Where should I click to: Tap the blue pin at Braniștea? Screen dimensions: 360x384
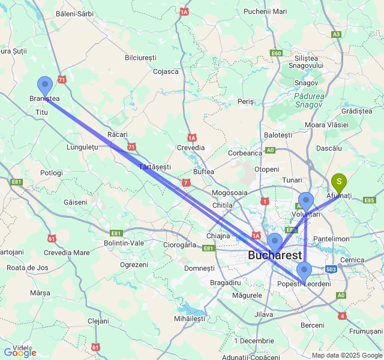click(45, 86)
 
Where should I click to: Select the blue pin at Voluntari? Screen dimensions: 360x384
click(306, 201)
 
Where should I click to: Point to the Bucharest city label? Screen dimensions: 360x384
click(275, 256)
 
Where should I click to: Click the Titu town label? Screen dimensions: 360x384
click(41, 112)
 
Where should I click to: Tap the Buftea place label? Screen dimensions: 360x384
click(203, 172)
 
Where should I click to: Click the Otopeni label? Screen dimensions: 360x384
click(266, 169)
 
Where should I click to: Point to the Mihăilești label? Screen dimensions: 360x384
click(189, 318)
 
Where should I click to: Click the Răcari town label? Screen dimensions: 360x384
click(118, 134)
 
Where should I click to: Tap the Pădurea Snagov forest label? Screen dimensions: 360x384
click(309, 100)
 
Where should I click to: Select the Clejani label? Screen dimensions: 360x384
click(98, 321)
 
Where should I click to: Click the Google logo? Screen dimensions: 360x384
click(20, 353)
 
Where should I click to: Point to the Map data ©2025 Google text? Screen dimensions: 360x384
click(346, 355)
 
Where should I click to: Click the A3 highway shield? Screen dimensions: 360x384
click(336, 34)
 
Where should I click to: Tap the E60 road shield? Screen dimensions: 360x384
click(276, 53)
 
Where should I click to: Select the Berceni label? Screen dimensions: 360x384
click(313, 325)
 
